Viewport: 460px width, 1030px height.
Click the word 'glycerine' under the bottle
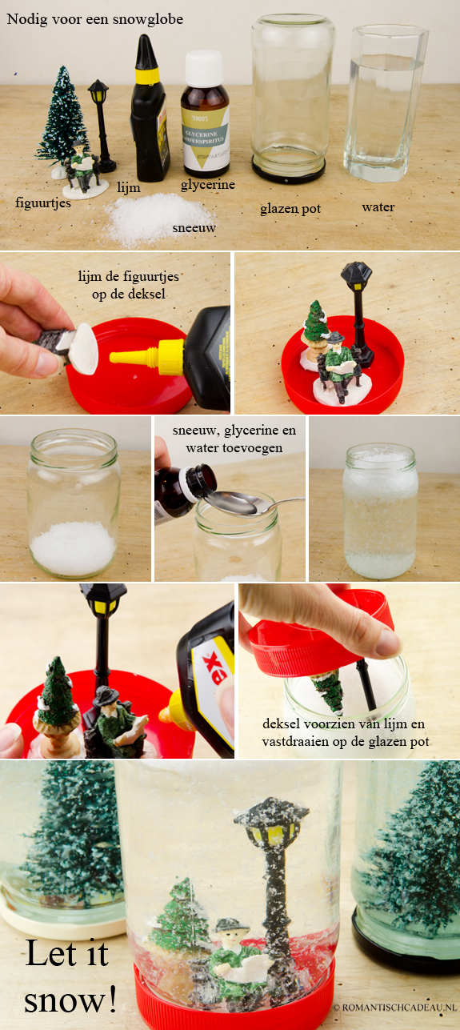pyautogui.click(x=208, y=185)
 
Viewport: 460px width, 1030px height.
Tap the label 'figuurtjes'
pyautogui.click(x=42, y=202)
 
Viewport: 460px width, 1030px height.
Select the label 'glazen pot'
pyautogui.click(x=290, y=209)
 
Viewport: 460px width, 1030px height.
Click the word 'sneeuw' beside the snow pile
pyautogui.click(x=194, y=227)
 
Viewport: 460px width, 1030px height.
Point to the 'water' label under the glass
pyautogui.click(x=378, y=207)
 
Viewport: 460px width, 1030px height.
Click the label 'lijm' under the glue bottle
pyautogui.click(x=129, y=187)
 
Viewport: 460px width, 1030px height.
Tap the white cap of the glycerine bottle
pyautogui.click(x=204, y=68)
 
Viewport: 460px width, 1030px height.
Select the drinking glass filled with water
pyautogui.click(x=385, y=102)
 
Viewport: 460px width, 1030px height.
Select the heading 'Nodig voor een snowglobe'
pyautogui.click(x=94, y=19)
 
